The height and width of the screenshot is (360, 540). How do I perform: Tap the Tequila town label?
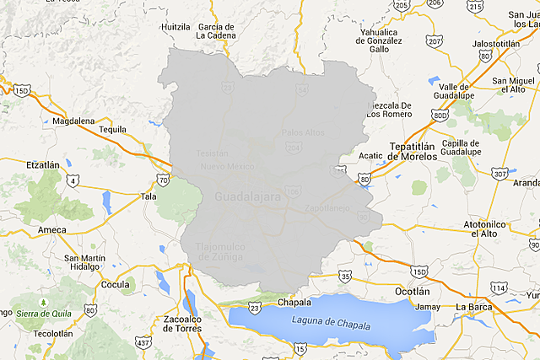point(111,129)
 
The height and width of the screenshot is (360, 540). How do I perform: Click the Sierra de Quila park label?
point(41,313)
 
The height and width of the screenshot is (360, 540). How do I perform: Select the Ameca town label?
point(52,229)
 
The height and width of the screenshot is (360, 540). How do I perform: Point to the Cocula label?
point(115,285)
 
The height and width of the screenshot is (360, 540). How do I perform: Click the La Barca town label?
point(473,306)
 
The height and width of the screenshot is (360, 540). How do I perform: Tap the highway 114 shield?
point(499,288)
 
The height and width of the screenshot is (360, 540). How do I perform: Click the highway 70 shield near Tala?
point(163,179)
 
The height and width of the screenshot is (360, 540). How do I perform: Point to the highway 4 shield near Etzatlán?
point(74,180)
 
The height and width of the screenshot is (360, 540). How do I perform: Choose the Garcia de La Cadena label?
point(216,31)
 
